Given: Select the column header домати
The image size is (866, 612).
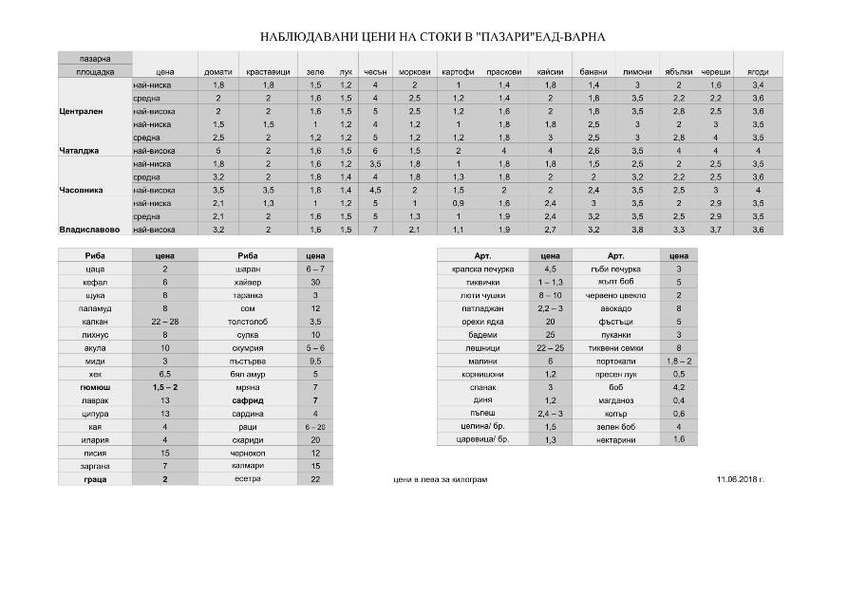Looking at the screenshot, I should (217, 72).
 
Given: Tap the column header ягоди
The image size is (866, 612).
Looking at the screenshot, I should (758, 72).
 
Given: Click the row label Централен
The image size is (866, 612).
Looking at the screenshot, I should (81, 111).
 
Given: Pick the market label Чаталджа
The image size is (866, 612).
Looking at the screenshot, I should (80, 151).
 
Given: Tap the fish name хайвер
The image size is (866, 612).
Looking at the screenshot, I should (248, 282).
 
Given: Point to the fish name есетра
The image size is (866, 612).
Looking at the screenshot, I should (248, 479).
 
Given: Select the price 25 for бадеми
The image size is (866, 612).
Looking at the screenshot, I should (550, 334).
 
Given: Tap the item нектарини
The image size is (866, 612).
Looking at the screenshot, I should (615, 439).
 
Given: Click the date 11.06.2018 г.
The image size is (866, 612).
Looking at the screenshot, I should (741, 480).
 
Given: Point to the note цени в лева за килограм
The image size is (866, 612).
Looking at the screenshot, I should (440, 480).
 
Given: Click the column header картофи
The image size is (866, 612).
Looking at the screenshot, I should (458, 72).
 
